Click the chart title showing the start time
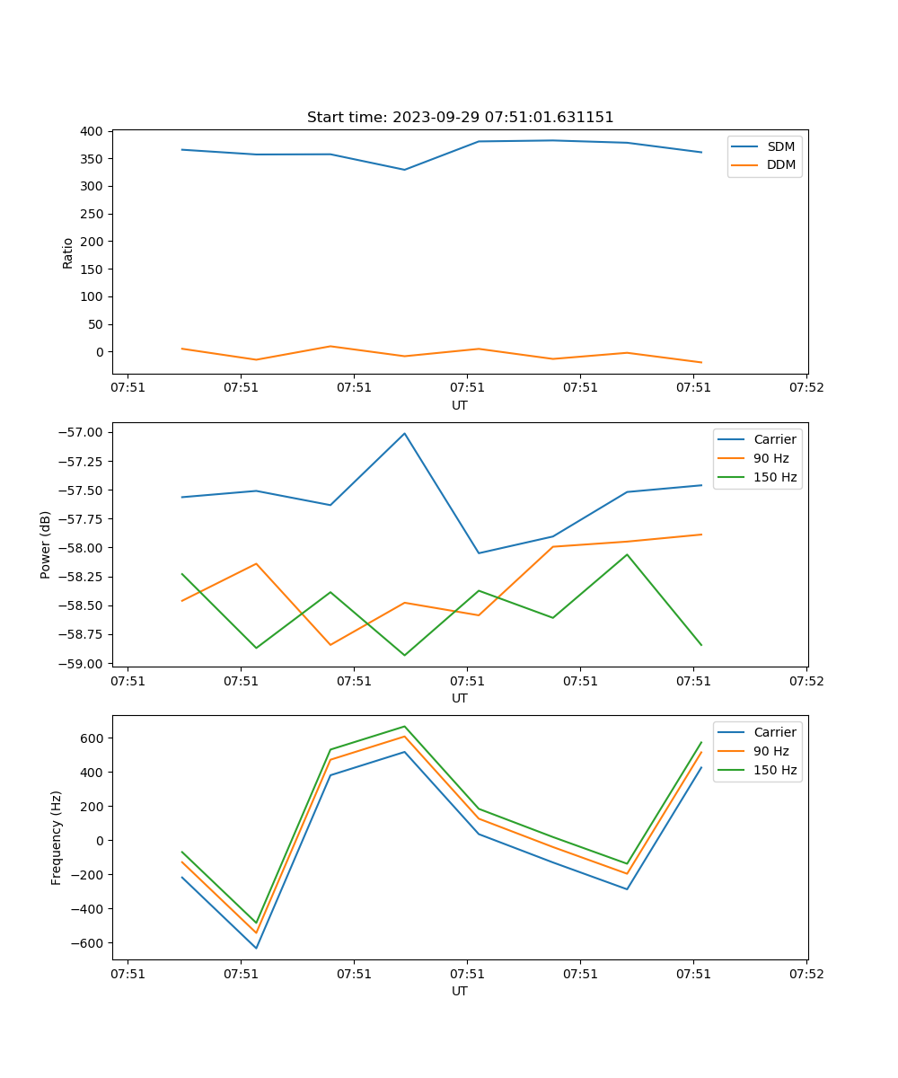click(460, 118)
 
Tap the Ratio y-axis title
click(68, 252)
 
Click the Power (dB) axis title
click(46, 544)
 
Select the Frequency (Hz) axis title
click(57, 837)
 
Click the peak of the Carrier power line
click(404, 434)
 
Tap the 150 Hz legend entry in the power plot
click(775, 477)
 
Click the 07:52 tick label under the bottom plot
click(806, 973)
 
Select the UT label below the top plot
click(460, 405)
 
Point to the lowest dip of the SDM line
click(404, 170)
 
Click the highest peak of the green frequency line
click(404, 727)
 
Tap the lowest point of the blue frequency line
click(256, 948)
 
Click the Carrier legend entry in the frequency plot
click(775, 732)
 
